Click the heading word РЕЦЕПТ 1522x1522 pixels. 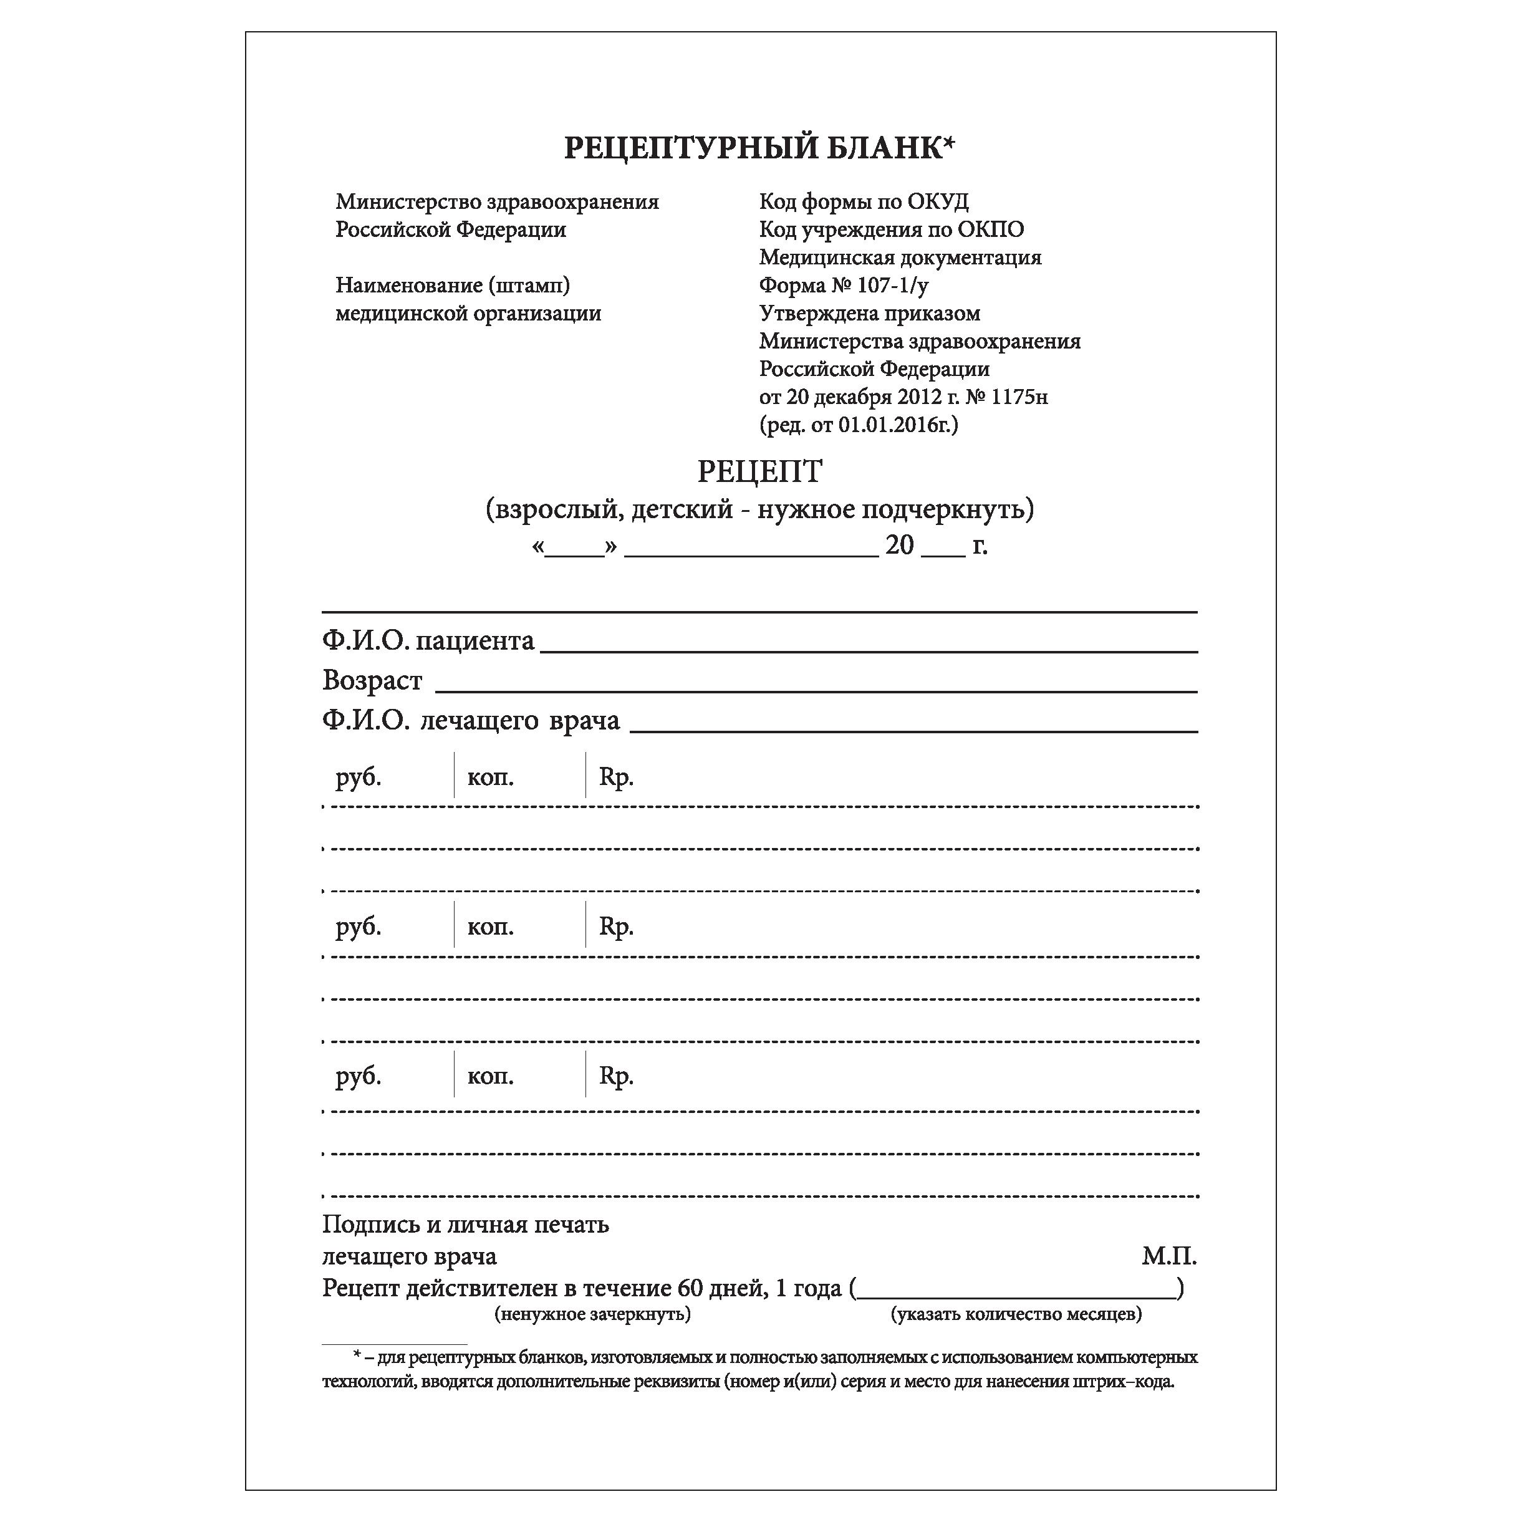[759, 472]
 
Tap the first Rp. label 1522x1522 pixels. [616, 778]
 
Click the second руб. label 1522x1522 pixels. [359, 927]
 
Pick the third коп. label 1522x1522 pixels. [490, 1076]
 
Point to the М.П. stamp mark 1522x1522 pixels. [1169, 1256]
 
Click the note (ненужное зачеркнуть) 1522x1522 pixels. [592, 1314]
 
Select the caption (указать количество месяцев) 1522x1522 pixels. [1016, 1314]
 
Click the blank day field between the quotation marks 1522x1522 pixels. [574, 548]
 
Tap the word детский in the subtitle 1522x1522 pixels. [682, 509]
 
